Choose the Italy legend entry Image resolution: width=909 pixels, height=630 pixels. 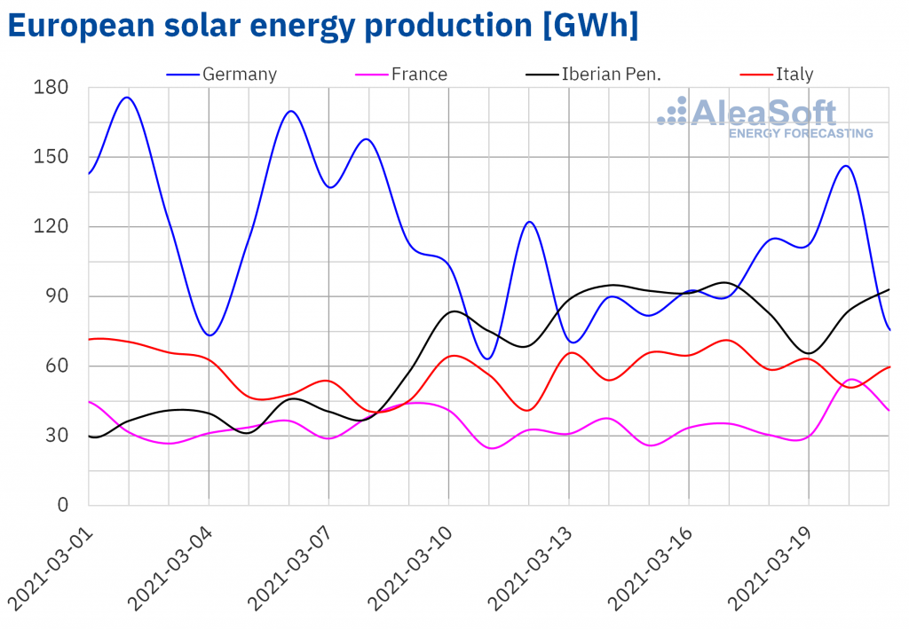click(x=794, y=74)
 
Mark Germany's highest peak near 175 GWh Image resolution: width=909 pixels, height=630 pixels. click(x=128, y=98)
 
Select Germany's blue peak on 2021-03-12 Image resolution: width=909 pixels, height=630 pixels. click(x=529, y=222)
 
